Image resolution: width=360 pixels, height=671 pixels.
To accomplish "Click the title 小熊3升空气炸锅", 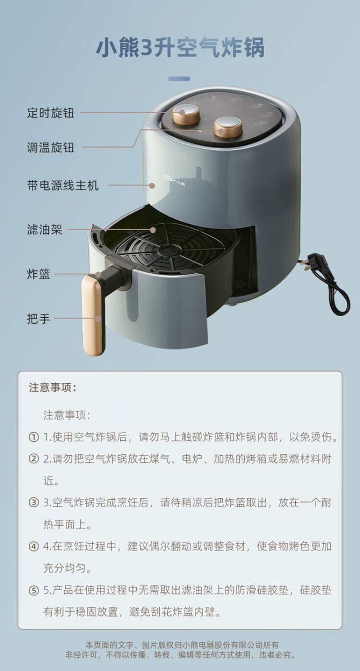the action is [180, 47].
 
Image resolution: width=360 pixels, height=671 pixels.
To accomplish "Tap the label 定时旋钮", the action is [50, 113].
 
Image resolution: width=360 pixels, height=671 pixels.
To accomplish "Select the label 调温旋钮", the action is [50, 148].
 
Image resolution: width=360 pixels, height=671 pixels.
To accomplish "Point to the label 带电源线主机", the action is [63, 185].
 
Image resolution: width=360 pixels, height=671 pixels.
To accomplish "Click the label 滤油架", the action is [45, 229].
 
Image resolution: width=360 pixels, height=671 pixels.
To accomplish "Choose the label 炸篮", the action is [39, 274].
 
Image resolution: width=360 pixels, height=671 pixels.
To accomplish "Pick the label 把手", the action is [39, 318].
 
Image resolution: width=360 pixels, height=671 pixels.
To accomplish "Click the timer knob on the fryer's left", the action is [186, 114].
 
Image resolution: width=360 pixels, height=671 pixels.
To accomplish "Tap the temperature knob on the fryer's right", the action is [229, 127].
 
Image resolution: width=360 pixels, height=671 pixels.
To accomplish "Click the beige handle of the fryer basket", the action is [93, 315].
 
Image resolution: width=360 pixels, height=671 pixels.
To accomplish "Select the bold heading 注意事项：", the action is [53, 387].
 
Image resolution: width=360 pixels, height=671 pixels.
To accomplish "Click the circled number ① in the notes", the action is [34, 437].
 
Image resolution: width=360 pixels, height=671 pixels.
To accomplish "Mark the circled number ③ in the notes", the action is [34, 502].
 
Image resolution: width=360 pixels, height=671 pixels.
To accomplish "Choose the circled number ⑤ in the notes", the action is [34, 590].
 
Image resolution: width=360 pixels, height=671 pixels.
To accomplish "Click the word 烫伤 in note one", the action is [321, 437].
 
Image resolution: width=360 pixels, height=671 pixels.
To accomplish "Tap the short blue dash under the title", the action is [179, 79].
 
